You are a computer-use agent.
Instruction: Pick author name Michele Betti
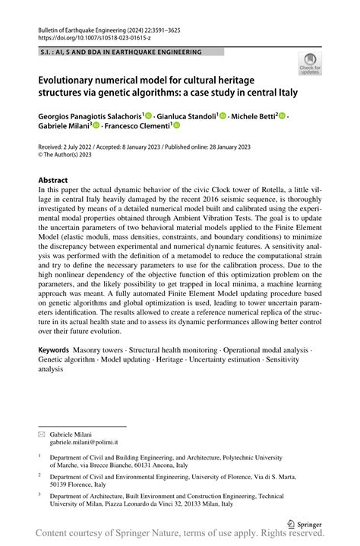[x=254, y=115]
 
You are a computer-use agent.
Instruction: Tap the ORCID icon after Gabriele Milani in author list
[x=96, y=125]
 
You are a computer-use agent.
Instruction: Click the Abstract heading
[x=53, y=181]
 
